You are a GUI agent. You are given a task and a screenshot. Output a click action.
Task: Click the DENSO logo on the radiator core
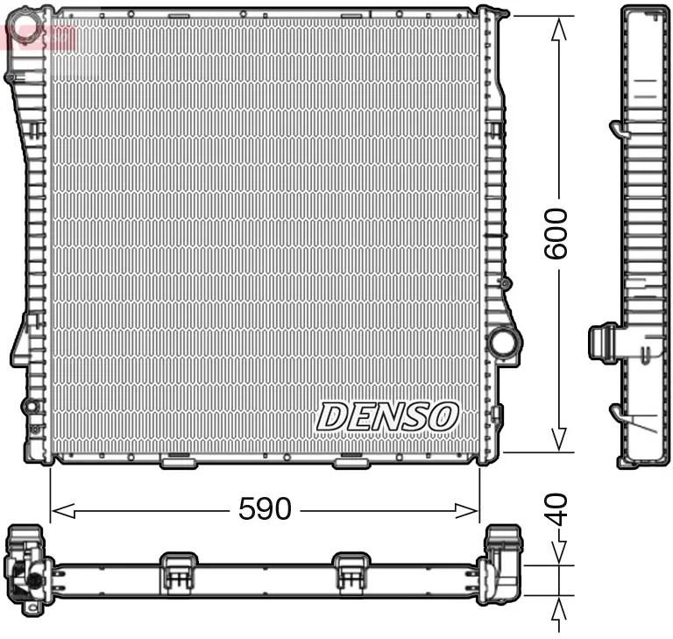[387, 416]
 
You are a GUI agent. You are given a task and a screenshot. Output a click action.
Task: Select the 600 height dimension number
[556, 233]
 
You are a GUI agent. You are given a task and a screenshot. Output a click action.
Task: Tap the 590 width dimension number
[265, 509]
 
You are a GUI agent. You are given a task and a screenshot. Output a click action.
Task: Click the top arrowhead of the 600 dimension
[557, 26]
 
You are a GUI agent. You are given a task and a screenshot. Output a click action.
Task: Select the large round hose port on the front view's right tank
[503, 341]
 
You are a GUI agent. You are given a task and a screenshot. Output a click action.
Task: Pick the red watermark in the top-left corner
[39, 36]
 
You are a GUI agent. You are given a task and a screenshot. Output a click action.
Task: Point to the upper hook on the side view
[618, 130]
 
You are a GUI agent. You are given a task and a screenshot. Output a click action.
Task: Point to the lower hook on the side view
[619, 412]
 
